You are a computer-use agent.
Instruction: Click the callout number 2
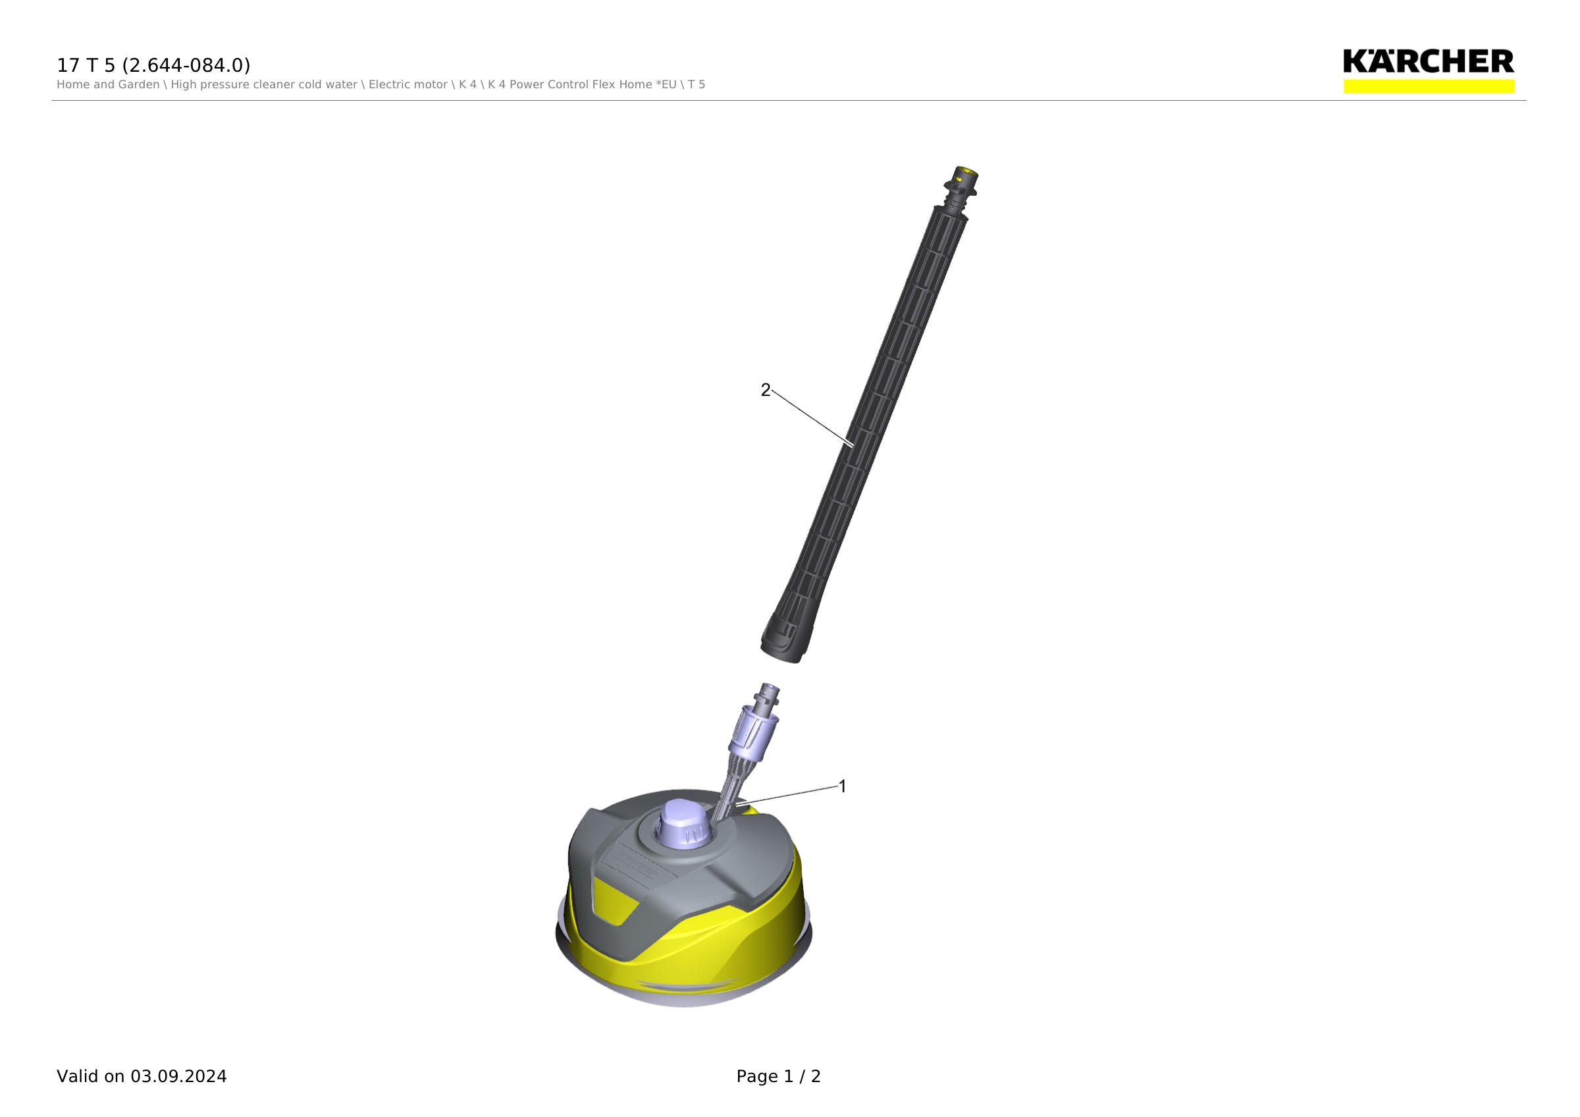[x=765, y=391]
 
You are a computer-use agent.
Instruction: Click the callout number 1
[x=842, y=786]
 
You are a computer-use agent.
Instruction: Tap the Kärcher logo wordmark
[x=1429, y=61]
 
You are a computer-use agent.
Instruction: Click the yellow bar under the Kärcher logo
[x=1429, y=86]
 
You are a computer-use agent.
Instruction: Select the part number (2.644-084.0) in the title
[x=186, y=65]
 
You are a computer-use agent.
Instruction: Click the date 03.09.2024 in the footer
[x=178, y=1076]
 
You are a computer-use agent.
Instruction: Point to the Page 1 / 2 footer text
[x=778, y=1076]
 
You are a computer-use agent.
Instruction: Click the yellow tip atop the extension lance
[x=966, y=172]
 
